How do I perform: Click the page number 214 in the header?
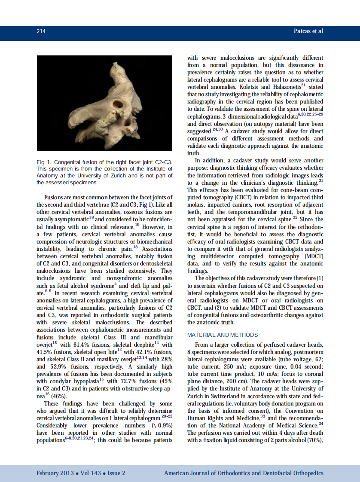coord(41,31)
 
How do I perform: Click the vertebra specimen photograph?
coord(104,103)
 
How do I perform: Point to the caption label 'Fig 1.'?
coord(43,162)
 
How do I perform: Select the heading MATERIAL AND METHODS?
coord(223,335)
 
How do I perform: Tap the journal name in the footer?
coord(244,473)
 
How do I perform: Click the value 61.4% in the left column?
coord(80,345)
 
